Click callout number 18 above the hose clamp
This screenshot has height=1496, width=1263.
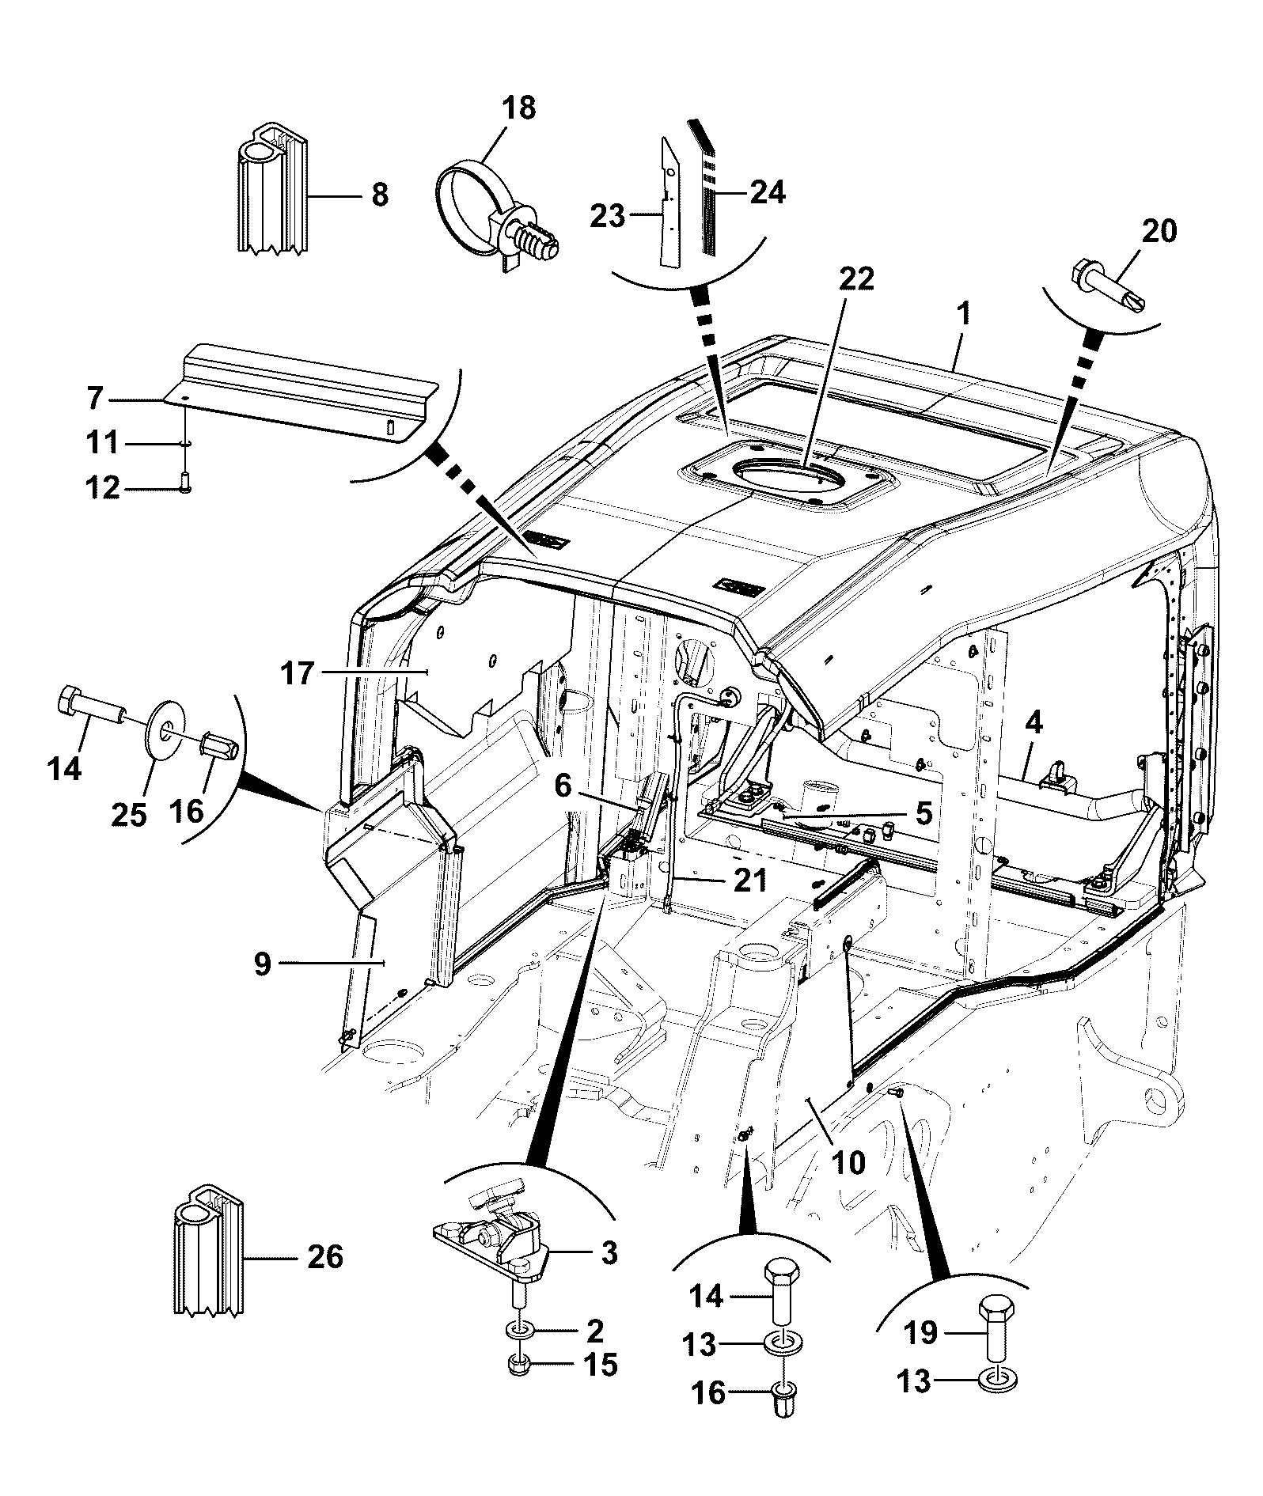[519, 108]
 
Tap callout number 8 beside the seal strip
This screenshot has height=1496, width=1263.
[380, 194]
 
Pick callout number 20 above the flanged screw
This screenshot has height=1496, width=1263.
[1159, 230]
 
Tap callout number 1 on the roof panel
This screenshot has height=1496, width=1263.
[963, 314]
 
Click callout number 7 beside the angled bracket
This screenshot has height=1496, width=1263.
[95, 399]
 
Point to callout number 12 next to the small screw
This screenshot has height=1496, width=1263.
[103, 488]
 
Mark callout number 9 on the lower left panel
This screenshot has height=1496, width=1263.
[263, 963]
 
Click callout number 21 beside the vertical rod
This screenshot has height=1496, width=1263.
[749, 880]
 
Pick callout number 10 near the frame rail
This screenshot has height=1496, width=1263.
[848, 1161]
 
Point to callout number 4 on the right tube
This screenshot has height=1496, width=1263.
[1034, 722]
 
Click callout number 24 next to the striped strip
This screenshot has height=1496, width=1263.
[767, 192]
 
